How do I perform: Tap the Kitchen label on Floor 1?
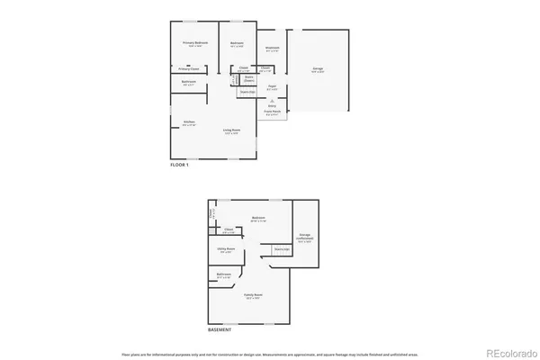coord(189,122)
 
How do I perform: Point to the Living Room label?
coord(231,130)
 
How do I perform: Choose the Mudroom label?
coord(271,48)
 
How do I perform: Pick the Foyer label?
coord(270,88)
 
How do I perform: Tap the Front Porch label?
coord(271,112)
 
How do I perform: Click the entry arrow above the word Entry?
coord(271,99)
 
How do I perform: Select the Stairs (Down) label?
coord(249,79)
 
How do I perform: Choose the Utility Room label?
coord(227,248)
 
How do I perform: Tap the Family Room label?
coord(253,295)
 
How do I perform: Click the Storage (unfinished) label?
coord(306,238)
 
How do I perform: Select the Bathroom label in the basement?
coord(224,274)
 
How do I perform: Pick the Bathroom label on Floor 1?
coord(188,82)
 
